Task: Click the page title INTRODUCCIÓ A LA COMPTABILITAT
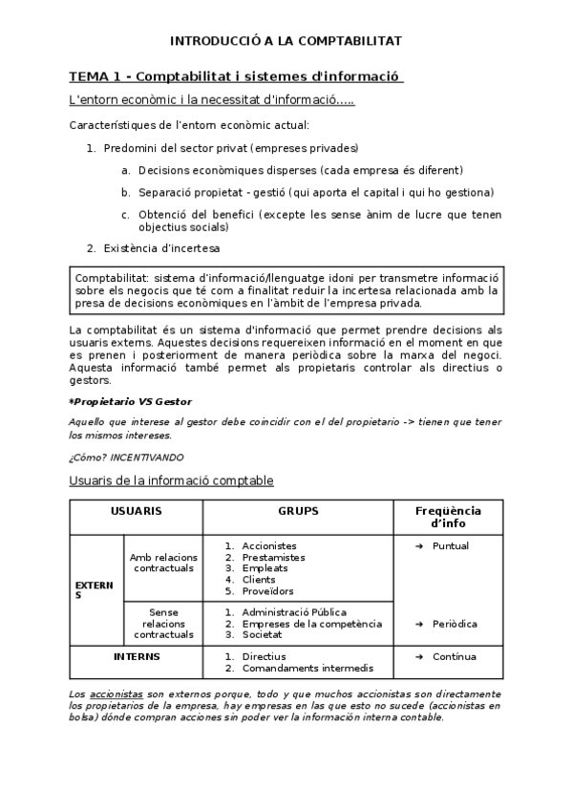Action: [286, 41]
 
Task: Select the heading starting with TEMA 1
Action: [236, 76]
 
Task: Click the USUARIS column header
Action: [136, 511]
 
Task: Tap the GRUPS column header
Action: [298, 511]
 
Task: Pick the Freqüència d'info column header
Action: [448, 517]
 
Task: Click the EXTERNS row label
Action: [95, 588]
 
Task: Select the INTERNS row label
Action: [136, 656]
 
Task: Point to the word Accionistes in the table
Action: [268, 545]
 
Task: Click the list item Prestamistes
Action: [273, 557]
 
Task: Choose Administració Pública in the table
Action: [293, 611]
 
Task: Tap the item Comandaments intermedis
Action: [307, 668]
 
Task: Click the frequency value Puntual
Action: [450, 545]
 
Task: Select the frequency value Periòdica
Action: [454, 623]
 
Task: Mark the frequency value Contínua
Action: [453, 656]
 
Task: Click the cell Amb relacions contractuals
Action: [165, 563]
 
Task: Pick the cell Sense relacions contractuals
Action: [165, 623]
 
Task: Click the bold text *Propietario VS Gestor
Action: [130, 401]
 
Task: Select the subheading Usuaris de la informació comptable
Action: [171, 480]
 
